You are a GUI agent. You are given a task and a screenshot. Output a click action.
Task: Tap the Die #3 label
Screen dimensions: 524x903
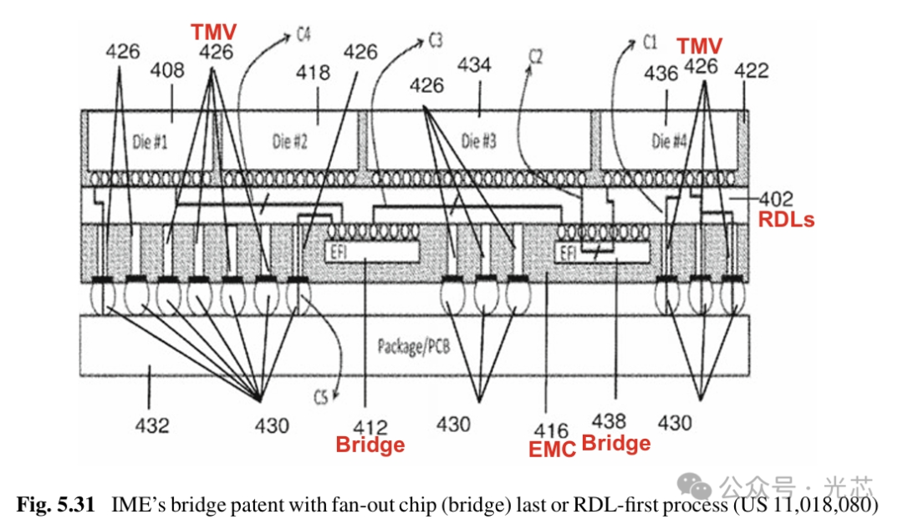point(479,141)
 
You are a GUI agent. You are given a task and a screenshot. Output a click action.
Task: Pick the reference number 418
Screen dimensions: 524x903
point(314,73)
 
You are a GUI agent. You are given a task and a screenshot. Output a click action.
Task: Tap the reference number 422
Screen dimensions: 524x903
point(751,73)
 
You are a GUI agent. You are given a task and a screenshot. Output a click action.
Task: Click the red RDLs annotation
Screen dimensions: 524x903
point(786,220)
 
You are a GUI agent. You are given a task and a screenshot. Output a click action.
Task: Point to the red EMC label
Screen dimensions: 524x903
point(553,449)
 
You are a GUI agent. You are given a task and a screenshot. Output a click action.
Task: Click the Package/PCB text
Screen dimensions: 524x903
point(413,345)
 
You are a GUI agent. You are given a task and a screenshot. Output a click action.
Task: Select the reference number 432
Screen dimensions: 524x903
point(151,425)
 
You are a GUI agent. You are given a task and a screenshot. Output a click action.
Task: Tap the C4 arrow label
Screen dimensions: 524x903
point(304,35)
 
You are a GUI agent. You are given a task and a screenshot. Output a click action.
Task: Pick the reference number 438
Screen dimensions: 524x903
point(615,422)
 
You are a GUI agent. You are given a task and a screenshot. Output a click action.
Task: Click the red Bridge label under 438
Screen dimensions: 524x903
point(615,443)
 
